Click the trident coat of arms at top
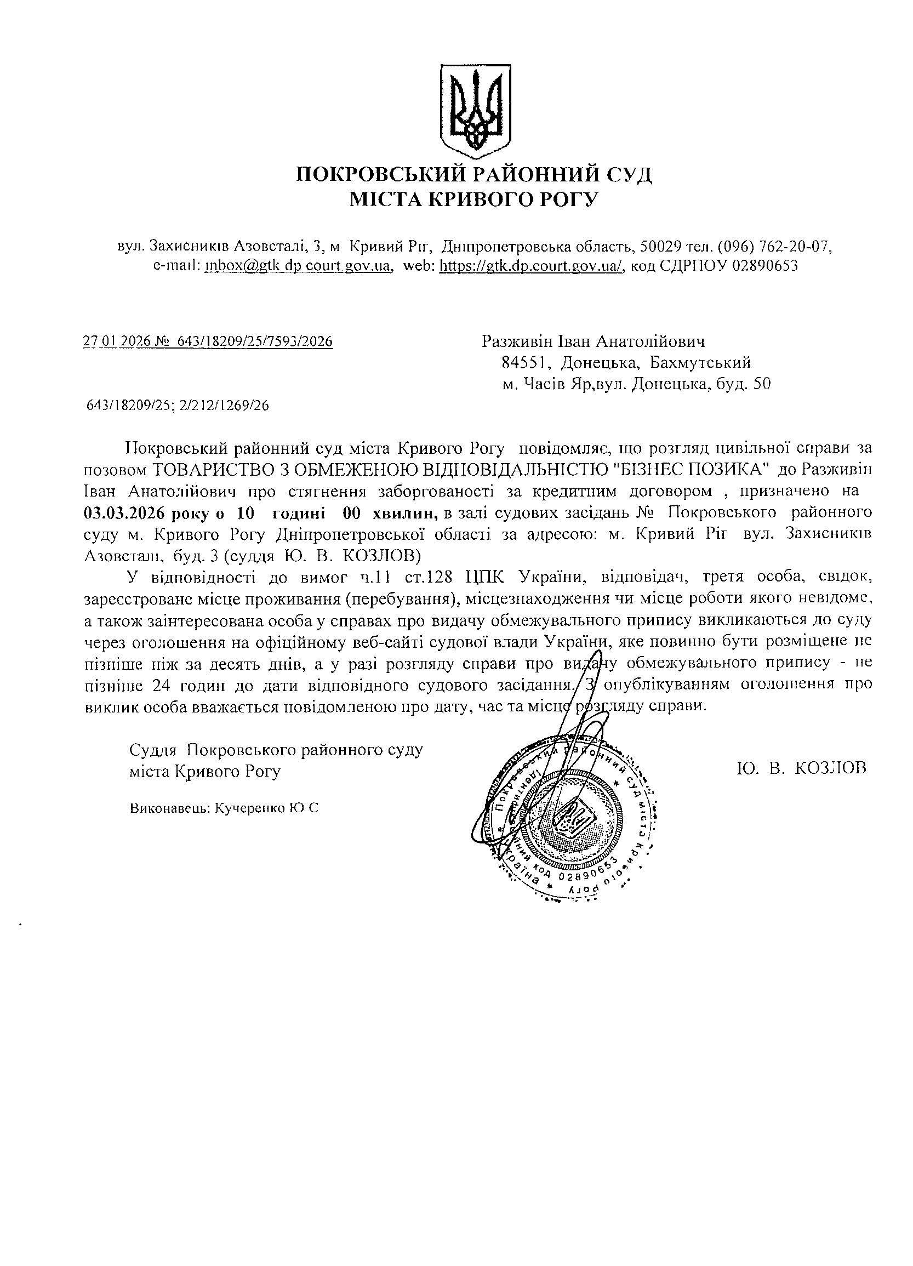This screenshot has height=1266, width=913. tap(475, 109)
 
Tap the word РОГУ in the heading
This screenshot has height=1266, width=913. tap(568, 199)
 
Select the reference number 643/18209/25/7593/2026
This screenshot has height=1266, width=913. tap(254, 341)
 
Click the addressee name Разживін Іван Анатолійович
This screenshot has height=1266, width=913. tap(593, 341)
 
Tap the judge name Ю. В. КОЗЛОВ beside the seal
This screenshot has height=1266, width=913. tap(801, 768)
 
